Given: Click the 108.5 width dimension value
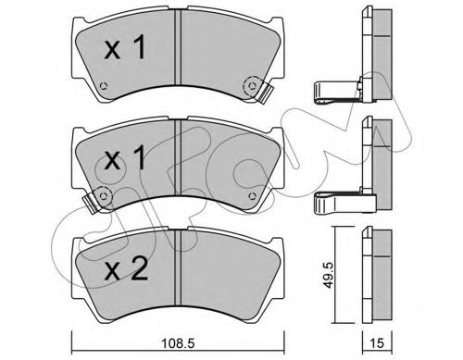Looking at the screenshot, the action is (179, 343).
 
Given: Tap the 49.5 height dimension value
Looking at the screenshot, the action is (329, 275).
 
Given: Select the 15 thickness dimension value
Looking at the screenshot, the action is (377, 343).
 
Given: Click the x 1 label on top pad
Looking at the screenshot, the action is (125, 47).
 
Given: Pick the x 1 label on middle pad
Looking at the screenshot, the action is (125, 157).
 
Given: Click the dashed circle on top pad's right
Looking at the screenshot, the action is (253, 85).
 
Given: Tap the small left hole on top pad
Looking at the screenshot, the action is (104, 86).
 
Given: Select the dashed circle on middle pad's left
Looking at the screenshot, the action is (104, 196).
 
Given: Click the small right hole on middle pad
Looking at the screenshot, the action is (252, 196).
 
